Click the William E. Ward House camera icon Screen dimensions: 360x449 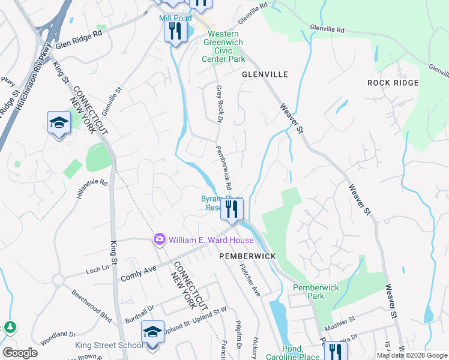click(x=159, y=239)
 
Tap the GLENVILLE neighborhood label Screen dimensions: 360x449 click(x=265, y=74)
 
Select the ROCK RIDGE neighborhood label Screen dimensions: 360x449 click(x=392, y=82)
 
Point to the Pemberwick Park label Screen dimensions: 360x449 click(x=316, y=292)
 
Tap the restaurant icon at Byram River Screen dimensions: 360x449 click(x=231, y=209)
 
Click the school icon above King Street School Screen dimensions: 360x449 click(x=152, y=332)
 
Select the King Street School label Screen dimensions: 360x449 click(x=109, y=345)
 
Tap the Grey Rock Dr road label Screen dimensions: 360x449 click(x=219, y=103)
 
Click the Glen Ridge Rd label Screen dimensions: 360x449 click(x=79, y=40)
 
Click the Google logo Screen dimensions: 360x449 click(x=20, y=353)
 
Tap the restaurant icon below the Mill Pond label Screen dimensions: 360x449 click(x=175, y=32)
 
